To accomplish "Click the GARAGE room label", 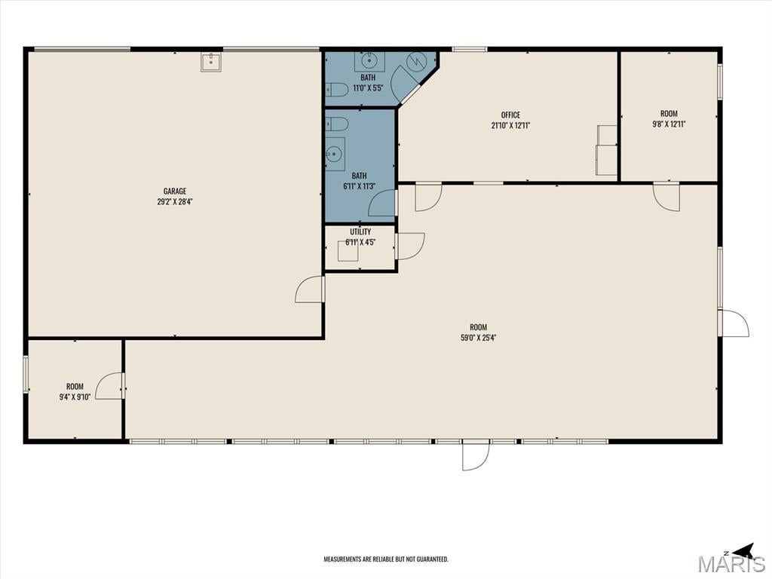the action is (x=175, y=191).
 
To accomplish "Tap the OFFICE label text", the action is (x=510, y=115).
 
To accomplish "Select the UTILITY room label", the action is (x=360, y=232).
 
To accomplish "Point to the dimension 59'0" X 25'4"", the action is (x=478, y=337).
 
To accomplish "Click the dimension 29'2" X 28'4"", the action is (x=175, y=201).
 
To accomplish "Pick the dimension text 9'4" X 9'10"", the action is (x=75, y=397).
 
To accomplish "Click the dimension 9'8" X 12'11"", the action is (x=669, y=124).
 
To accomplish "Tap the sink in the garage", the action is (x=211, y=63).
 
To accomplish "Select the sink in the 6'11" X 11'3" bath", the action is (x=335, y=154).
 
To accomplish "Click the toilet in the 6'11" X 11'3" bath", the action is (x=337, y=123).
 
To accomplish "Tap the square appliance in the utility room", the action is (x=348, y=251).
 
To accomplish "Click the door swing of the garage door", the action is (x=309, y=289).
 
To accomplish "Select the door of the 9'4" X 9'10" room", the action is (x=109, y=385).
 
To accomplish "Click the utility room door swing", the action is (x=410, y=247).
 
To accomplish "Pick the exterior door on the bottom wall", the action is (x=476, y=455).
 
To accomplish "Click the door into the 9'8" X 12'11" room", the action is (x=666, y=197).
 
